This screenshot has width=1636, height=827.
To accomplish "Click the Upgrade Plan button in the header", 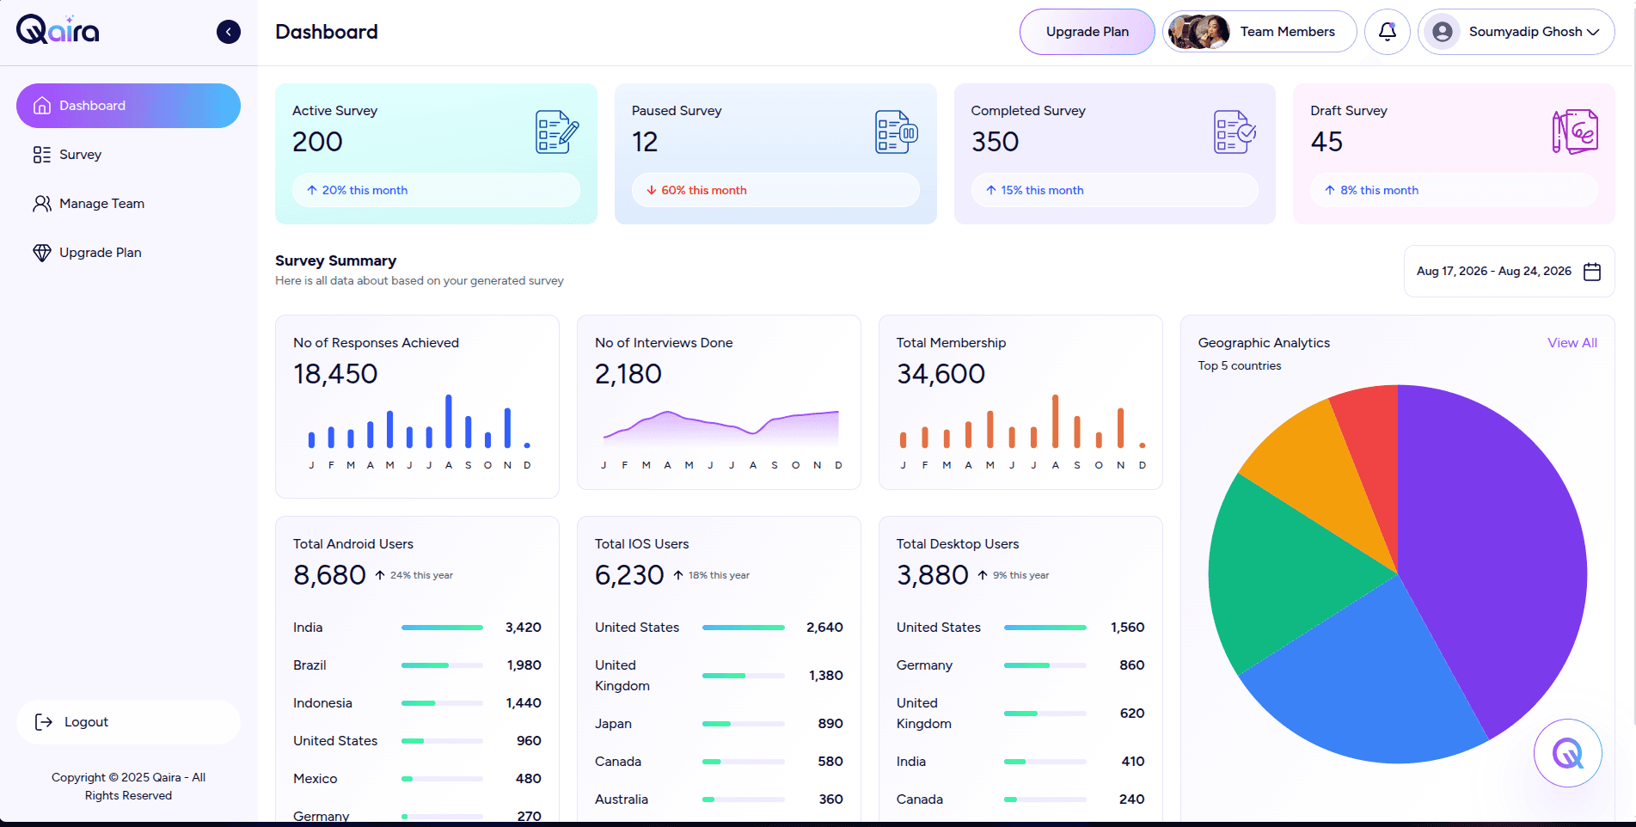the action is tap(1087, 32).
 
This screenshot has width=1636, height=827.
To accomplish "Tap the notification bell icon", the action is tap(1387, 32).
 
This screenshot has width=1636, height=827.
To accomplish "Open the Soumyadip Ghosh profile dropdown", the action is tap(1516, 32).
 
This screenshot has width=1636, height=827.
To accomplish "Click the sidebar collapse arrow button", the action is tap(229, 32).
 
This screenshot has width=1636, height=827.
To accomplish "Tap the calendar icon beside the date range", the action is tap(1592, 272).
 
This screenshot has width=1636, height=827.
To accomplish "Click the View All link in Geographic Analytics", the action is tap(1572, 343).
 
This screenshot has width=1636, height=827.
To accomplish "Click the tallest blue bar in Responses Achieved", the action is tap(449, 421).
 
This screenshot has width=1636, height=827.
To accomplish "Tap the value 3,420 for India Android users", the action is tap(524, 628).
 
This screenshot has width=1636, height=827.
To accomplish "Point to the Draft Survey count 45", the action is tap(1327, 142).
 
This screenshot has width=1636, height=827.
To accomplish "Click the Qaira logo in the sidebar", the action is tap(58, 30).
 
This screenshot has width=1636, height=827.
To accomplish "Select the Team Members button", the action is tap(1259, 32).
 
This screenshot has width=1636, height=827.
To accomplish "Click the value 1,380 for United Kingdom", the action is tap(825, 676).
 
